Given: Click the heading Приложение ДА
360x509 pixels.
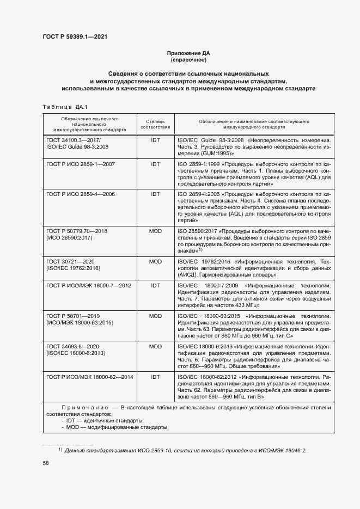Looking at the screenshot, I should [x=188, y=53].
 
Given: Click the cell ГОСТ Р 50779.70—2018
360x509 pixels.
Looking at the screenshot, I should [x=77, y=231].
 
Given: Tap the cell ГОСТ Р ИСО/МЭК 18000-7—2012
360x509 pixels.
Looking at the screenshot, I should [x=89, y=285].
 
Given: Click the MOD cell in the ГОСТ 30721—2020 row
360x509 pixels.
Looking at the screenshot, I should [x=156, y=262].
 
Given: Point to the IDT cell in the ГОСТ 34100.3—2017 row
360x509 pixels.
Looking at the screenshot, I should [x=156, y=140].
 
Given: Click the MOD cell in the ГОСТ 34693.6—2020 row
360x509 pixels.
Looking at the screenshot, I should [x=156, y=346].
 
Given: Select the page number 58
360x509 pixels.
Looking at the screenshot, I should [x=46, y=463].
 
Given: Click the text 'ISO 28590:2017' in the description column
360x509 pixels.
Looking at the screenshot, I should [x=197, y=231].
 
